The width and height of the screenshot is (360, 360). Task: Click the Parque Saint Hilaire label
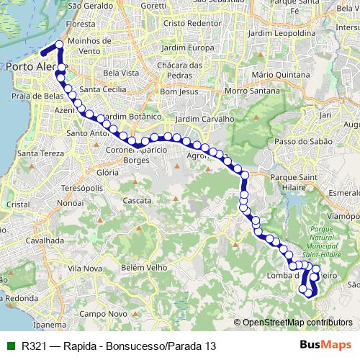pyautogui.click(x=288, y=181)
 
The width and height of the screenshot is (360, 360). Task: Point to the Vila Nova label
pyautogui.click(x=84, y=268)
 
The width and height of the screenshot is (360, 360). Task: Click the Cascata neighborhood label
pyautogui.click(x=136, y=200)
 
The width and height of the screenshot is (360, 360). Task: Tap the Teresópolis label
pyautogui.click(x=78, y=187)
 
